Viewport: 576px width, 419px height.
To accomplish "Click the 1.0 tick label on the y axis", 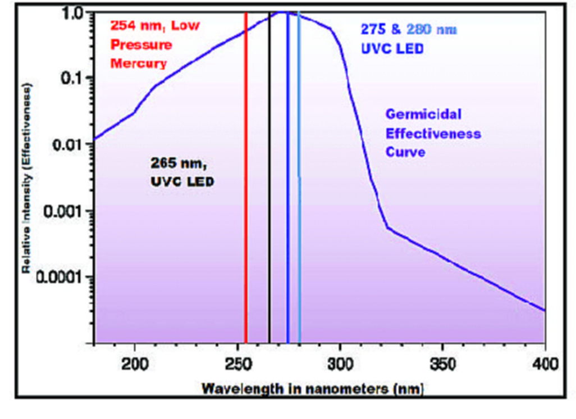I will [x=72, y=11].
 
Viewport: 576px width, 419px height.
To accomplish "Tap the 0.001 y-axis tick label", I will [x=63, y=211].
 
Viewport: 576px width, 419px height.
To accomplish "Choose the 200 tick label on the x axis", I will [x=135, y=365].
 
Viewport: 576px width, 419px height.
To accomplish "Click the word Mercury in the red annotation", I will [x=138, y=63].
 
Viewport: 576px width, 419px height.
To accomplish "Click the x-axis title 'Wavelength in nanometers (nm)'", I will [x=312, y=388].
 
